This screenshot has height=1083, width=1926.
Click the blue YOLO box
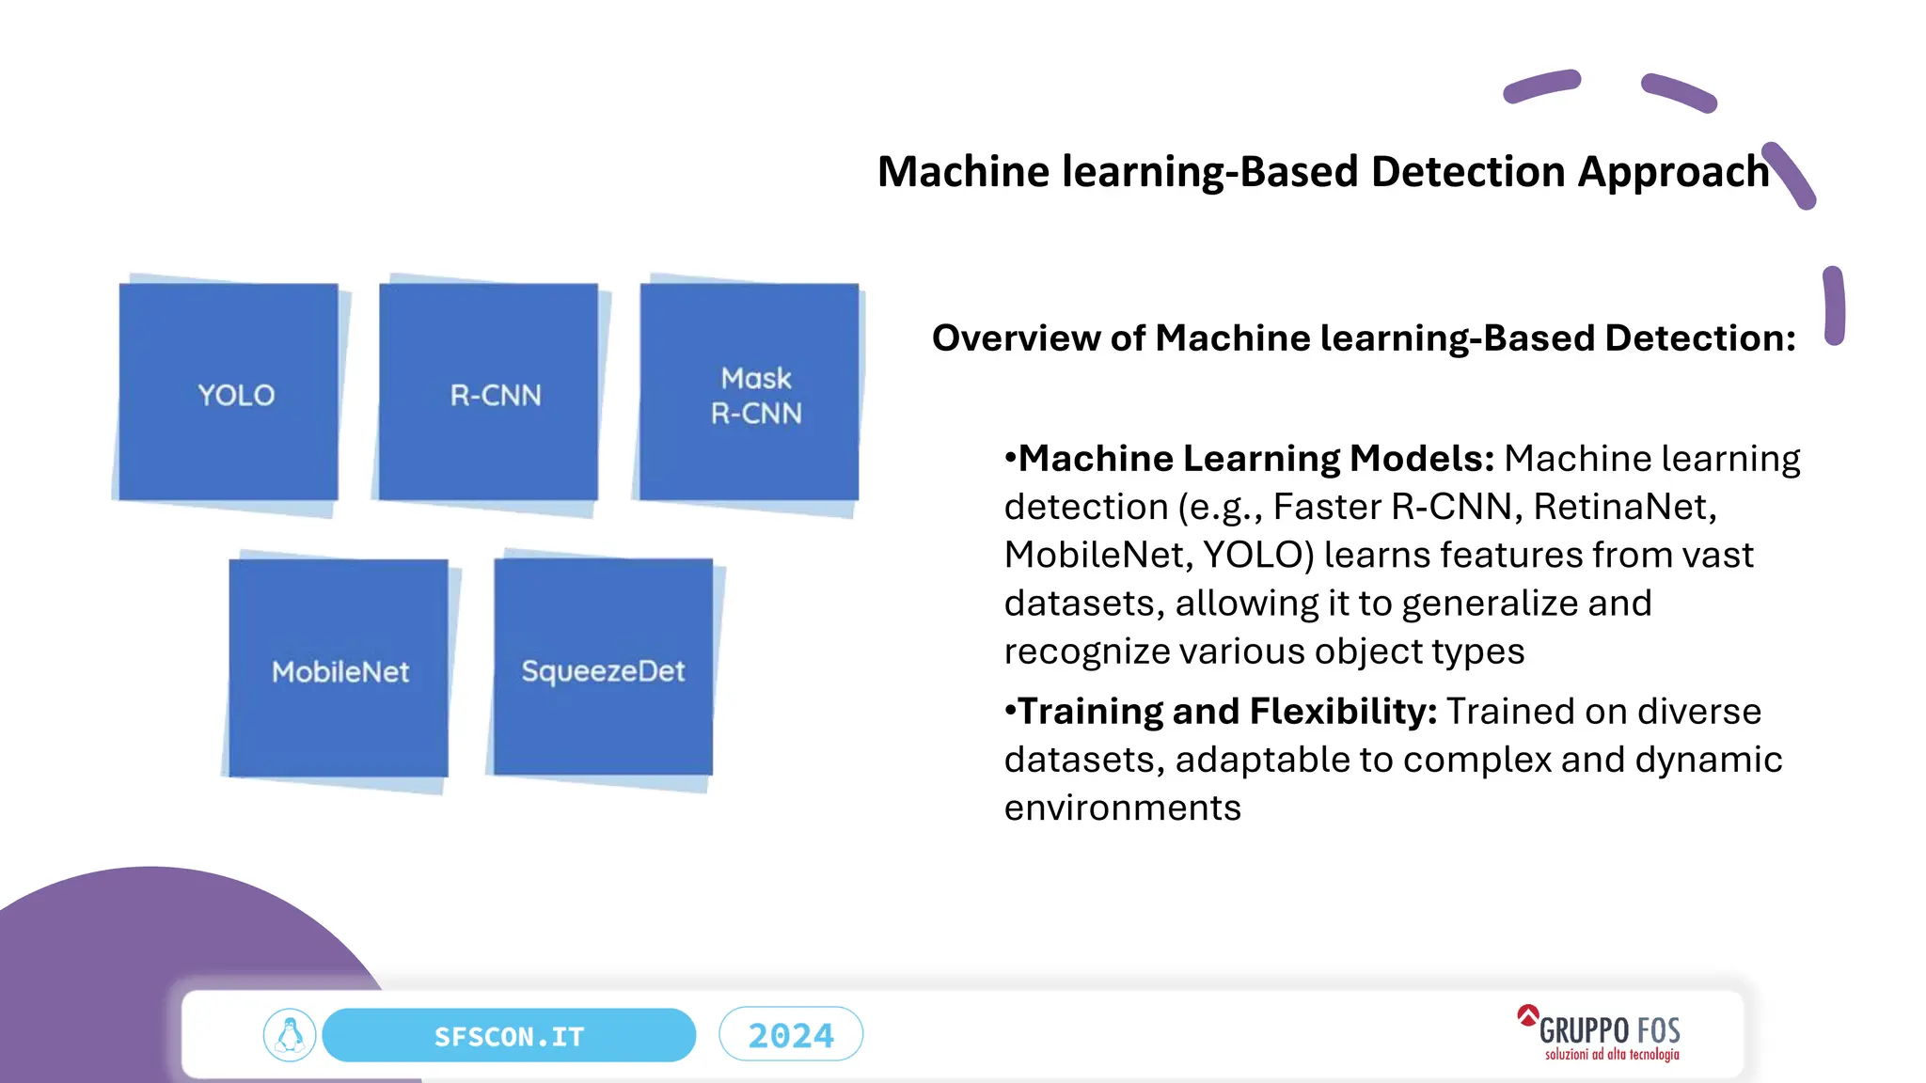229,393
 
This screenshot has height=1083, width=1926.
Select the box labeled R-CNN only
489,393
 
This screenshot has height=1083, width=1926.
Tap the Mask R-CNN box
750,393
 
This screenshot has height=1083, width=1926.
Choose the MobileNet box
339,669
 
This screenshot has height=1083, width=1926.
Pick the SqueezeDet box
603,668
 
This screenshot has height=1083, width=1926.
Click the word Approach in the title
1673,172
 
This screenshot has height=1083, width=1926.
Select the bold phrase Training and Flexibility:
1227,712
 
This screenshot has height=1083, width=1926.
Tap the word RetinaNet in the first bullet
1624,507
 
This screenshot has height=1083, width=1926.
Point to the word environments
1122,808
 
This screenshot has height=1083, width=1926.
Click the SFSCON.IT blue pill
509,1036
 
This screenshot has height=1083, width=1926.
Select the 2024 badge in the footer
791,1035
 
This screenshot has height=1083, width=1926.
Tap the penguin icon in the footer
290,1036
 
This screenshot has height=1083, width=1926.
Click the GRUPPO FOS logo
1608,1030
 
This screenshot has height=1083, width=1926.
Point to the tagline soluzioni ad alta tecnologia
1611,1055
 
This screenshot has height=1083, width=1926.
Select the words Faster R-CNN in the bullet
1392,507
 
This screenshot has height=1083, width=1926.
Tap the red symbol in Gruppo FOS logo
1527,1015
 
